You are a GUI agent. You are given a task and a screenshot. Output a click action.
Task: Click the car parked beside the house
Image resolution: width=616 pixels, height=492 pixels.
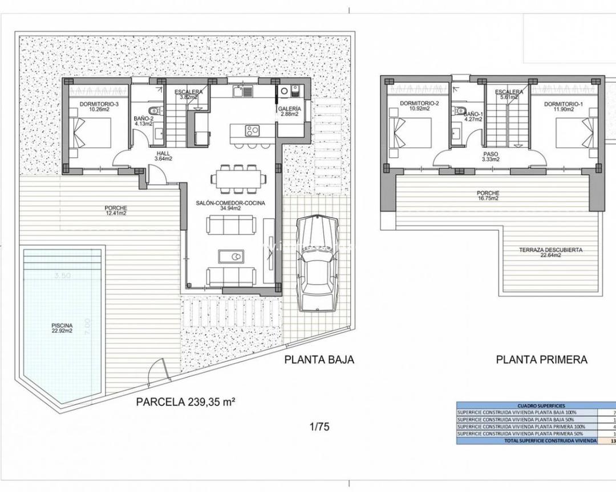tap(318, 263)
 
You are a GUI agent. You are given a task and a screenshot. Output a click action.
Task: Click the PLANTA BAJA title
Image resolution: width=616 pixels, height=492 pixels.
tap(319, 359)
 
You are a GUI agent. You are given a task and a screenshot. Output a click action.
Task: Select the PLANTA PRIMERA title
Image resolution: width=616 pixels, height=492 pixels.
tap(541, 359)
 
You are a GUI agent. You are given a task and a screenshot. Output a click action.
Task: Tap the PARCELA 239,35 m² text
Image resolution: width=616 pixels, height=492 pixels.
tap(186, 401)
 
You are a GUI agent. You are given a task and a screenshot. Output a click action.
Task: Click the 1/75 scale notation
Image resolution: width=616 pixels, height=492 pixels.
tap(319, 426)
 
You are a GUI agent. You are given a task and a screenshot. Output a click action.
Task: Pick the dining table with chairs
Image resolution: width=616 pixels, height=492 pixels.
tap(237, 178)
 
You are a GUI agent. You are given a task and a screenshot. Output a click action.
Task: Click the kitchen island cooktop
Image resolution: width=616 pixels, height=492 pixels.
tap(252, 130)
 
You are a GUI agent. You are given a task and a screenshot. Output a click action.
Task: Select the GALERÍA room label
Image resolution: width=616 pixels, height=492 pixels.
tap(290, 111)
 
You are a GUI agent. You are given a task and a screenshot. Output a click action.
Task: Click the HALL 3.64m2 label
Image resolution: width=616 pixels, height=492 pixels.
tap(163, 156)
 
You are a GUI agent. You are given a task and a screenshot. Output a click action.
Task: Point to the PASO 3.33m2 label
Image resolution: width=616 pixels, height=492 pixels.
tap(491, 157)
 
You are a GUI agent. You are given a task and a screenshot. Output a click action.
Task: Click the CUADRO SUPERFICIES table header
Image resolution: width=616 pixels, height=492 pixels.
tap(533, 405)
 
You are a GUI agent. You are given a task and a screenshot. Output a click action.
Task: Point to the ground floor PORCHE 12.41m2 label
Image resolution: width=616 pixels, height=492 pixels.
tap(116, 211)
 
